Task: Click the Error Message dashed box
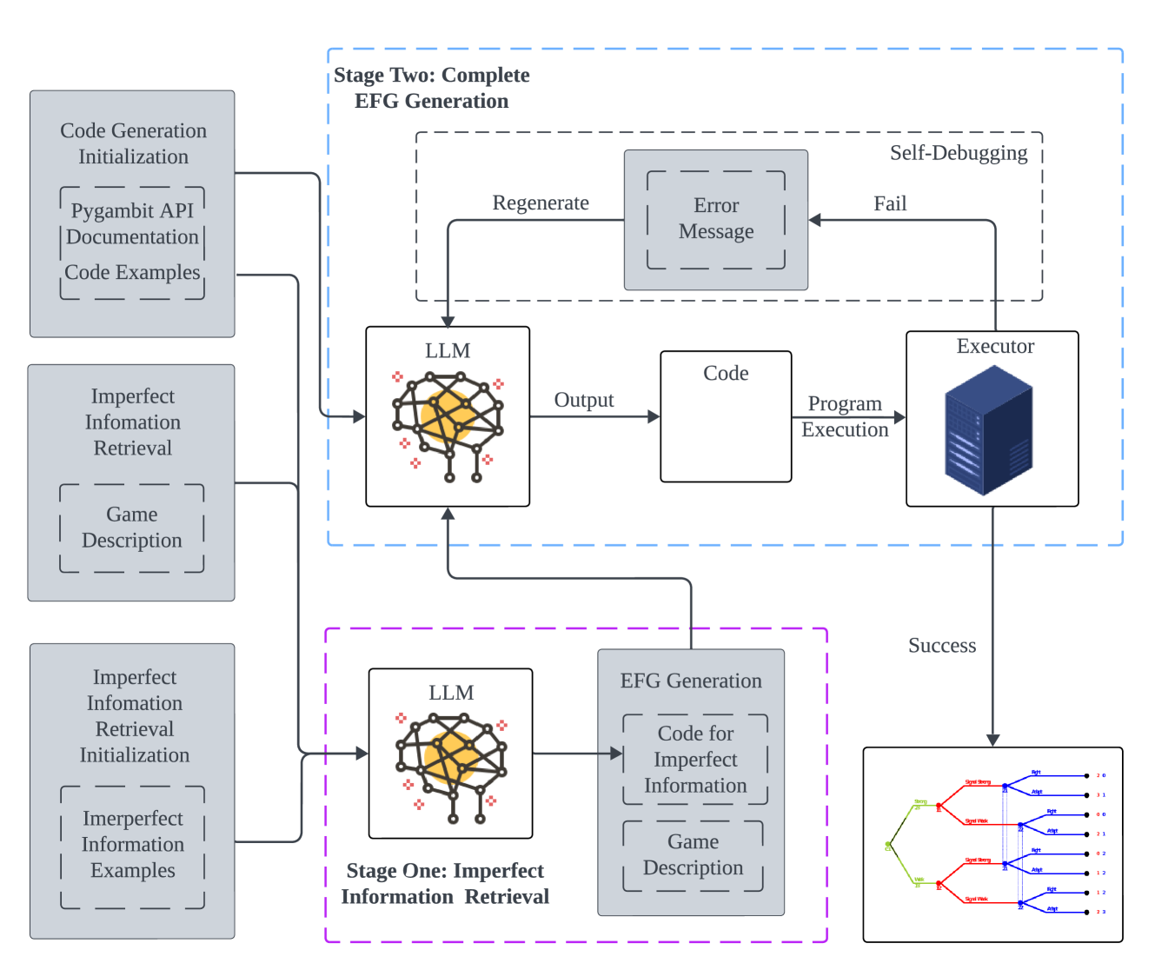tap(716, 219)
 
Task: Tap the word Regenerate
tap(541, 203)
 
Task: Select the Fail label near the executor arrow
tap(890, 203)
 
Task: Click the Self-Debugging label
tap(958, 153)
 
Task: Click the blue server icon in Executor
tap(989, 430)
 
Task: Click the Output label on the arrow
tap(584, 400)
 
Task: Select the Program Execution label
tap(845, 416)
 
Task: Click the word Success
tap(942, 646)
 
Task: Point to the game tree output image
tap(992, 844)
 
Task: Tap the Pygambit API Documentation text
tap(132, 223)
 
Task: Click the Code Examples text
tap(132, 272)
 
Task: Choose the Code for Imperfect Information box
tap(695, 759)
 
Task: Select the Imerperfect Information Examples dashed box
tap(133, 846)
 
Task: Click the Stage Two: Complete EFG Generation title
tap(432, 88)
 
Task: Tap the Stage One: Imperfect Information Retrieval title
tap(445, 883)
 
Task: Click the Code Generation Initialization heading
tap(133, 143)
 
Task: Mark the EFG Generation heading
tap(691, 681)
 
